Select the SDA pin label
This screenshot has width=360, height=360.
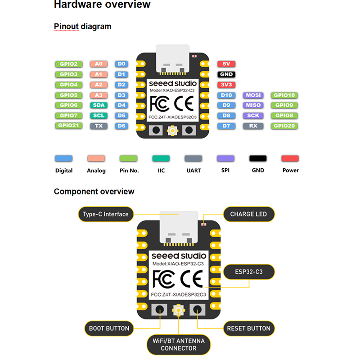tap(99, 105)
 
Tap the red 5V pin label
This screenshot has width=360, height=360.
tap(226, 64)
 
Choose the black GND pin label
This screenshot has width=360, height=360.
tap(226, 75)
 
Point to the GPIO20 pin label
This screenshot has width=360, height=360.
tap(284, 126)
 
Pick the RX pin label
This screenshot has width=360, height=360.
tap(253, 126)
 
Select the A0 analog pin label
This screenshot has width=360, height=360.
tap(99, 64)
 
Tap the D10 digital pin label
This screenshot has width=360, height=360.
tap(226, 95)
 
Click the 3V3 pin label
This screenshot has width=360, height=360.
tap(226, 85)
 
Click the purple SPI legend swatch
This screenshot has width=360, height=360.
tap(225, 158)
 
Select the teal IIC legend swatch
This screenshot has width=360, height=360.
tap(161, 158)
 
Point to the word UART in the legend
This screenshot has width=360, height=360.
tap(193, 171)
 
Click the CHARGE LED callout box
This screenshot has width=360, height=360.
tap(249, 214)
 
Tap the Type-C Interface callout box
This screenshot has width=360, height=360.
tap(106, 214)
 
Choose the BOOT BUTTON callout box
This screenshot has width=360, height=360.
tap(109, 328)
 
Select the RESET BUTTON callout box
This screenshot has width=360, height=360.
tap(249, 328)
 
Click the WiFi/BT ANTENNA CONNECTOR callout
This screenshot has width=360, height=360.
tap(179, 344)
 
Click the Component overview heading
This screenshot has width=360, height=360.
tap(94, 192)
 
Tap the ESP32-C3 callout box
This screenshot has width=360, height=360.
tap(249, 272)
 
